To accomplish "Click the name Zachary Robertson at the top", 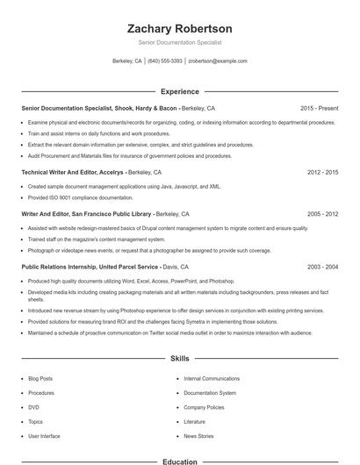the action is coord(179,28).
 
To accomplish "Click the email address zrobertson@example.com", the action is coord(218,61).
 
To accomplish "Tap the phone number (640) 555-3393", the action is coord(165,61).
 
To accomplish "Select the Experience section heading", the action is coord(179,90).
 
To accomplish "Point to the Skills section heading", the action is coord(179,359).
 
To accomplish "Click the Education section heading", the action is coord(179,461).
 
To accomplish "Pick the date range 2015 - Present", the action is coord(318,108).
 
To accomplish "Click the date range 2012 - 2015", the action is coord(322,172).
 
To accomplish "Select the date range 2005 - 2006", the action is coord(322,213).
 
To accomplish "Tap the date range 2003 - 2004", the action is coord(322,266).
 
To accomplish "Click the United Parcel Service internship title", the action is coord(89,266).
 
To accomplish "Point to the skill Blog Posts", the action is coord(40,378).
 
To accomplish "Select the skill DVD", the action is coord(33,407).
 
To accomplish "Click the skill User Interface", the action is coord(44,436).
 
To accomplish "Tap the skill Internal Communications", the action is coord(212,378).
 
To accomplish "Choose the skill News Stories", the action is coord(198,436).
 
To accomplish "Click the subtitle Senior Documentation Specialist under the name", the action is coord(179,42).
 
